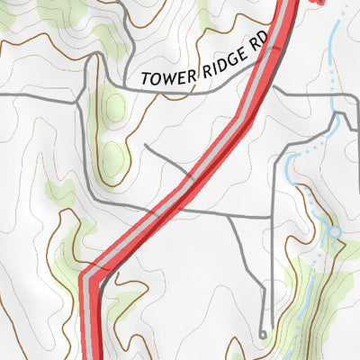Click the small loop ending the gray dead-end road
click(263, 334)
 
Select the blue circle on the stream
click(334, 232)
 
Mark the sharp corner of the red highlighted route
click(87, 275)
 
